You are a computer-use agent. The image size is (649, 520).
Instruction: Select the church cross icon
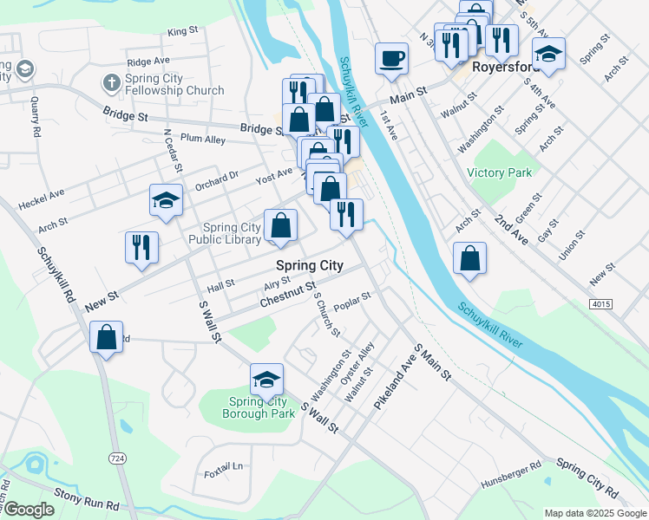(x=110, y=83)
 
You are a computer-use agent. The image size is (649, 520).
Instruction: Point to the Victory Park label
(x=499, y=172)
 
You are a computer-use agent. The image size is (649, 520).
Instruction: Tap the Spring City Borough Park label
(x=262, y=406)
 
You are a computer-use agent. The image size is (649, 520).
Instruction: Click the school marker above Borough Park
(x=266, y=380)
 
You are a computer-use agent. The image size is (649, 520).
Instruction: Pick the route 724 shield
(x=115, y=457)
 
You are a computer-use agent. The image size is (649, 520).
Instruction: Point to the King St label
(x=183, y=31)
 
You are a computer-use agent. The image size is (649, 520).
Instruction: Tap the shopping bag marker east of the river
(x=469, y=258)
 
